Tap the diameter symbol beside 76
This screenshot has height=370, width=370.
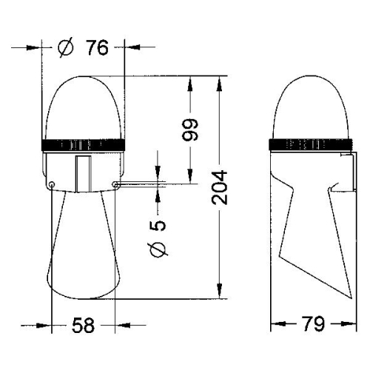(x=66, y=48)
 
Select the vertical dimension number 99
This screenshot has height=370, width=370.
(x=191, y=130)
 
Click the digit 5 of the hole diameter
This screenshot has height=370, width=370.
(x=158, y=225)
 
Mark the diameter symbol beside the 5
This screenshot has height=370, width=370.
(x=158, y=252)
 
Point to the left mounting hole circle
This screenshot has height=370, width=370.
(x=52, y=184)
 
